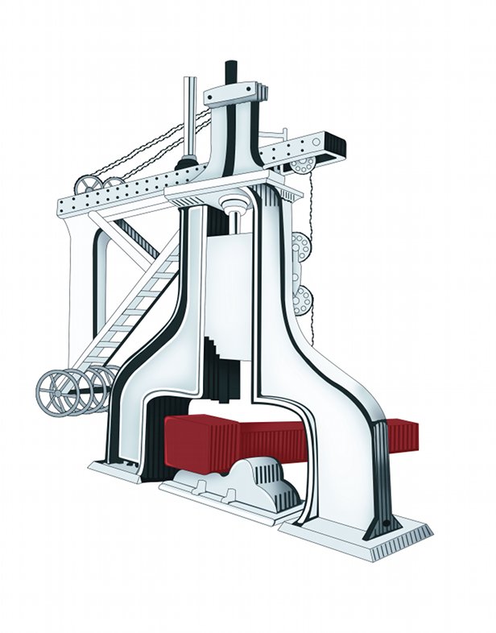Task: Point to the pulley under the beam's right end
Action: (302, 165)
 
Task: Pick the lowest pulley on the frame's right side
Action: (303, 302)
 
